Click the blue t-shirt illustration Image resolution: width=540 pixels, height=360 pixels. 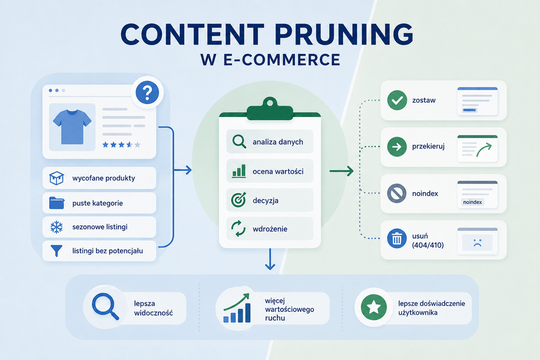pyautogui.click(x=72, y=126)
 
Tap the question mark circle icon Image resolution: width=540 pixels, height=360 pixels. pyautogui.click(x=147, y=93)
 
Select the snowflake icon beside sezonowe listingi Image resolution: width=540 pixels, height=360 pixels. pyautogui.click(x=57, y=227)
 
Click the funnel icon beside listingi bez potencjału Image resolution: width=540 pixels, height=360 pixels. pyautogui.click(x=57, y=251)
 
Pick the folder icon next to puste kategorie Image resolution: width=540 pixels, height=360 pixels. pyautogui.click(x=57, y=203)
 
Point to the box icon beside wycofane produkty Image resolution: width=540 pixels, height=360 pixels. pyautogui.click(x=57, y=178)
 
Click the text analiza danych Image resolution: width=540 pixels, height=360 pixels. pyautogui.click(x=278, y=142)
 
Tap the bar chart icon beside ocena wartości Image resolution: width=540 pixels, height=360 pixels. pyautogui.click(x=239, y=171)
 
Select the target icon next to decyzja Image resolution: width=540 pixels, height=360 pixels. pyautogui.click(x=239, y=200)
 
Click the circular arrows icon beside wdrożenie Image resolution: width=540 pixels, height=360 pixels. pyautogui.click(x=238, y=229)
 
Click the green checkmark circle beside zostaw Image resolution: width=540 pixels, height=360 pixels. pyautogui.click(x=397, y=100)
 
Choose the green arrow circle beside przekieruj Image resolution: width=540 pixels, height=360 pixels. pyautogui.click(x=397, y=147)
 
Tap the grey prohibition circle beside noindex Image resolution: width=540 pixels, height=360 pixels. pyautogui.click(x=397, y=193)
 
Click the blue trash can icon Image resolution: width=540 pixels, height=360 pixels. pyautogui.click(x=397, y=239)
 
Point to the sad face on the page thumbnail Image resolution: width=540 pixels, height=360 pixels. pyautogui.click(x=477, y=243)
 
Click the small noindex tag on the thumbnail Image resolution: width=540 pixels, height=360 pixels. pyautogui.click(x=473, y=202)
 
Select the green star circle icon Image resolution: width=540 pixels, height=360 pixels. pyautogui.click(x=374, y=307)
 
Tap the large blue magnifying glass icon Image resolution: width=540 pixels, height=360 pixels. pyautogui.click(x=105, y=307)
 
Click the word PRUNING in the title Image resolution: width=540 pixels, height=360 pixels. pyautogui.click(x=344, y=34)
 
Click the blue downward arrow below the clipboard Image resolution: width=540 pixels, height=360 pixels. pyautogui.click(x=270, y=259)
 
